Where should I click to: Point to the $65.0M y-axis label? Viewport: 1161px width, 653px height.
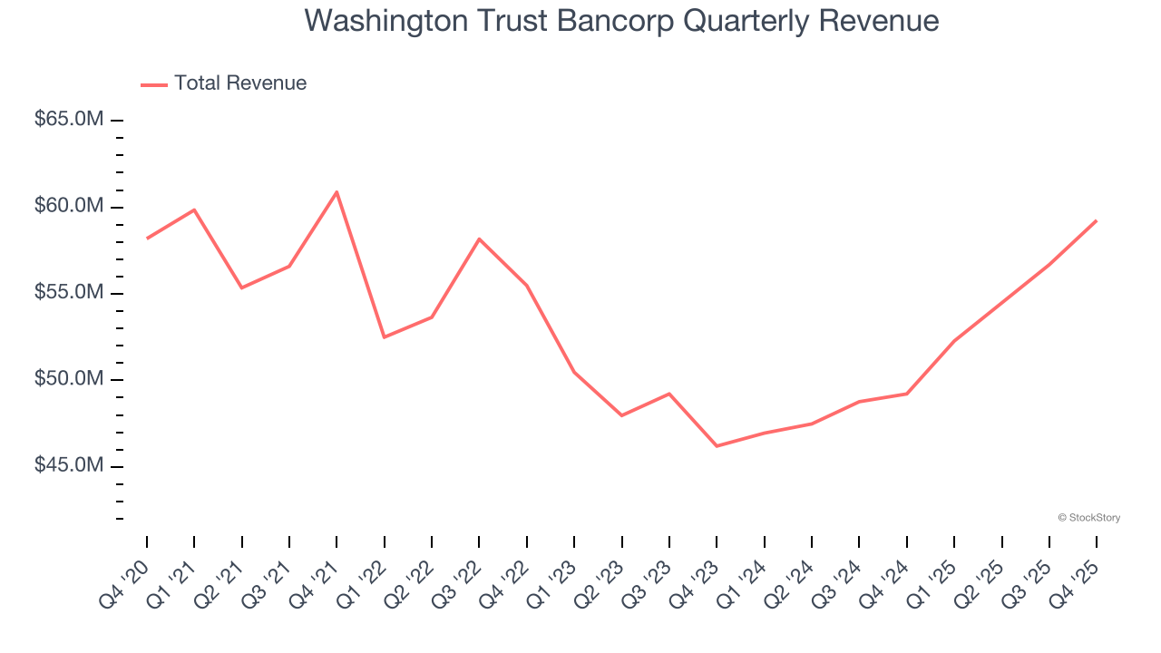click(69, 120)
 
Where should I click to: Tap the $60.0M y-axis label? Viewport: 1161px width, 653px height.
click(69, 206)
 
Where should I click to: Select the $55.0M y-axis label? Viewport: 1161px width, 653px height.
click(69, 293)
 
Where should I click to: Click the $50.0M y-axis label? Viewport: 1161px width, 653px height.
click(69, 379)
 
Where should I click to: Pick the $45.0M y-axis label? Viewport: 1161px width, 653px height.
click(69, 465)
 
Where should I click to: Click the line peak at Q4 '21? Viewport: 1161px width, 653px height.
click(337, 191)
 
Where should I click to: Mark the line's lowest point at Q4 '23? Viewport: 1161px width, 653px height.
click(717, 446)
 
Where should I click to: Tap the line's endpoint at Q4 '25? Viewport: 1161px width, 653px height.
click(1097, 220)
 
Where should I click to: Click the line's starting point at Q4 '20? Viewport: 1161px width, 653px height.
click(147, 239)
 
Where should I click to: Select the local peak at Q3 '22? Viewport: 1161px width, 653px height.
click(479, 239)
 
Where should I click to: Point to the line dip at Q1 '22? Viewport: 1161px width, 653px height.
click(385, 337)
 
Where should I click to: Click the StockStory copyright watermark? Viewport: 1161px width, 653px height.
click(1088, 518)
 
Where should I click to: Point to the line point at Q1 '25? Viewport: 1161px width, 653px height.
click(954, 341)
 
